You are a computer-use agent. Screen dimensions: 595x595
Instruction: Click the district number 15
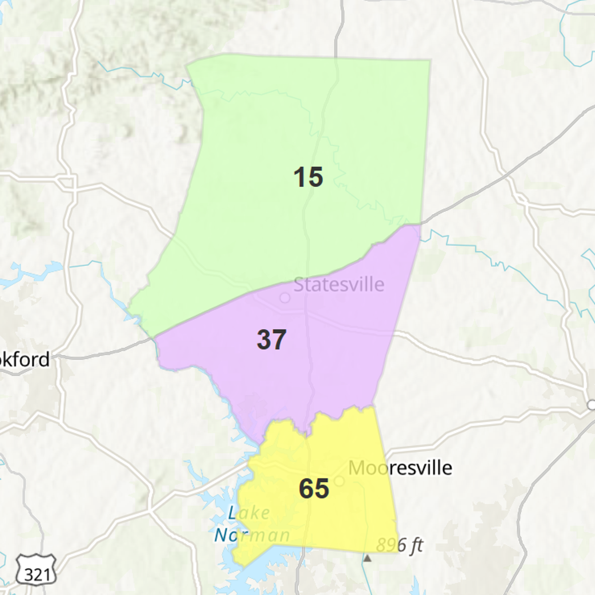pos(308,177)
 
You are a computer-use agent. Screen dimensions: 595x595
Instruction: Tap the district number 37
pos(271,340)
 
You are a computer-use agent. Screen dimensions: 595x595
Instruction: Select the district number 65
pos(314,488)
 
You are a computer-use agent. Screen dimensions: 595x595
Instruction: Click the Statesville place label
pos(339,285)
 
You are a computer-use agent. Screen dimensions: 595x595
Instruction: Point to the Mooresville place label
pos(400,468)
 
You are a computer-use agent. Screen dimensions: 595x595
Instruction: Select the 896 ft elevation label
pos(400,545)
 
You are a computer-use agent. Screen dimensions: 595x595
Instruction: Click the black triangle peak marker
pos(367,558)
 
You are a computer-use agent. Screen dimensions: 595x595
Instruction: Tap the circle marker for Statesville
pos(285,297)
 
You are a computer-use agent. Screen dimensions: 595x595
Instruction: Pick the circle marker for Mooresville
pos(340,480)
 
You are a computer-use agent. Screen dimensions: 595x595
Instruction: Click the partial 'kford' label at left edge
pos(25,359)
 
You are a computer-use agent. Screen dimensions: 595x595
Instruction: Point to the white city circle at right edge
pos(591,405)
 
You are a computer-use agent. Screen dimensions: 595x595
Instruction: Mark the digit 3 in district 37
pos(264,340)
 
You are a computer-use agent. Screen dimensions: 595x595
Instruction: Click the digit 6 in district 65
pos(306,488)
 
